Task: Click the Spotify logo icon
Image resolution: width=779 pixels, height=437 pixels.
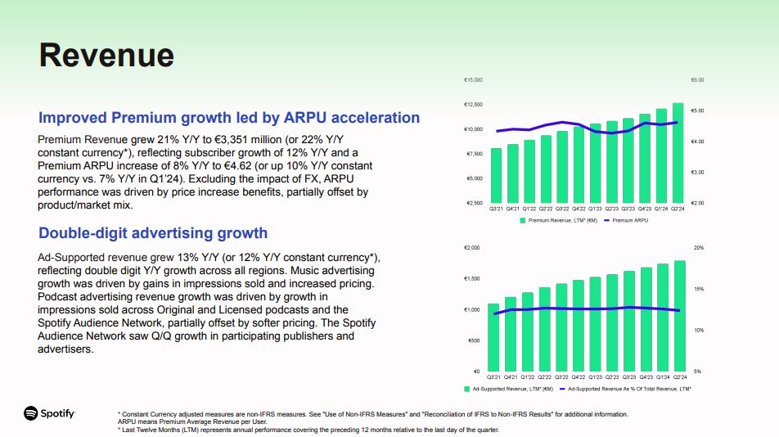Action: [31, 413]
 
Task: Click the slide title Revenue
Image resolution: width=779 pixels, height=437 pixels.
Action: [106, 55]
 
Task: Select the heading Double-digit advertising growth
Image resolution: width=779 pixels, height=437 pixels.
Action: [153, 232]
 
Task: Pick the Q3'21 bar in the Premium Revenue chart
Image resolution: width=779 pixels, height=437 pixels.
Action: [496, 175]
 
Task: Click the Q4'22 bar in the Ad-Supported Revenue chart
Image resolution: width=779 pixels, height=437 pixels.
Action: [579, 326]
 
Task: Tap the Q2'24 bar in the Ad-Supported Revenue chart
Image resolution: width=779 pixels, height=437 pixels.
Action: [679, 316]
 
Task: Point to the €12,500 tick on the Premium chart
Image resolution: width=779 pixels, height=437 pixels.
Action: [473, 105]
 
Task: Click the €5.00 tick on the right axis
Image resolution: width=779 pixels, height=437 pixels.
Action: [698, 110]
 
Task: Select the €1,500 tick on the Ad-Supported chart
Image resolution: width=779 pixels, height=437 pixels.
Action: [472, 279]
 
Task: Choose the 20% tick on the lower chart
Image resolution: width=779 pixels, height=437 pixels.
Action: [698, 247]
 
